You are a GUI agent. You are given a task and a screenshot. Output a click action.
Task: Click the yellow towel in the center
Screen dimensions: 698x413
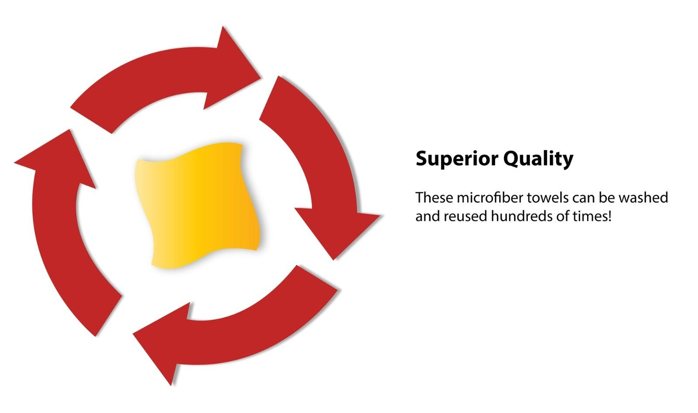click(x=198, y=205)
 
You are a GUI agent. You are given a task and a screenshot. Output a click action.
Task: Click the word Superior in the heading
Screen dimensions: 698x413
click(x=456, y=159)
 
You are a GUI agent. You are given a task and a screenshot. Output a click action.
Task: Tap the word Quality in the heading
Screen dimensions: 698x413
click(x=538, y=159)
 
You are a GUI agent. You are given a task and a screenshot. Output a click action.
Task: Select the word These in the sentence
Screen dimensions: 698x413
click(x=434, y=198)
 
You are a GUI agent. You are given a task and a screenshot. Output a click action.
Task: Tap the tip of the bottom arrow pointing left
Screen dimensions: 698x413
click(x=133, y=334)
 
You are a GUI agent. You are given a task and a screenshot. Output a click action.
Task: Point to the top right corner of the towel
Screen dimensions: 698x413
click(x=243, y=145)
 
